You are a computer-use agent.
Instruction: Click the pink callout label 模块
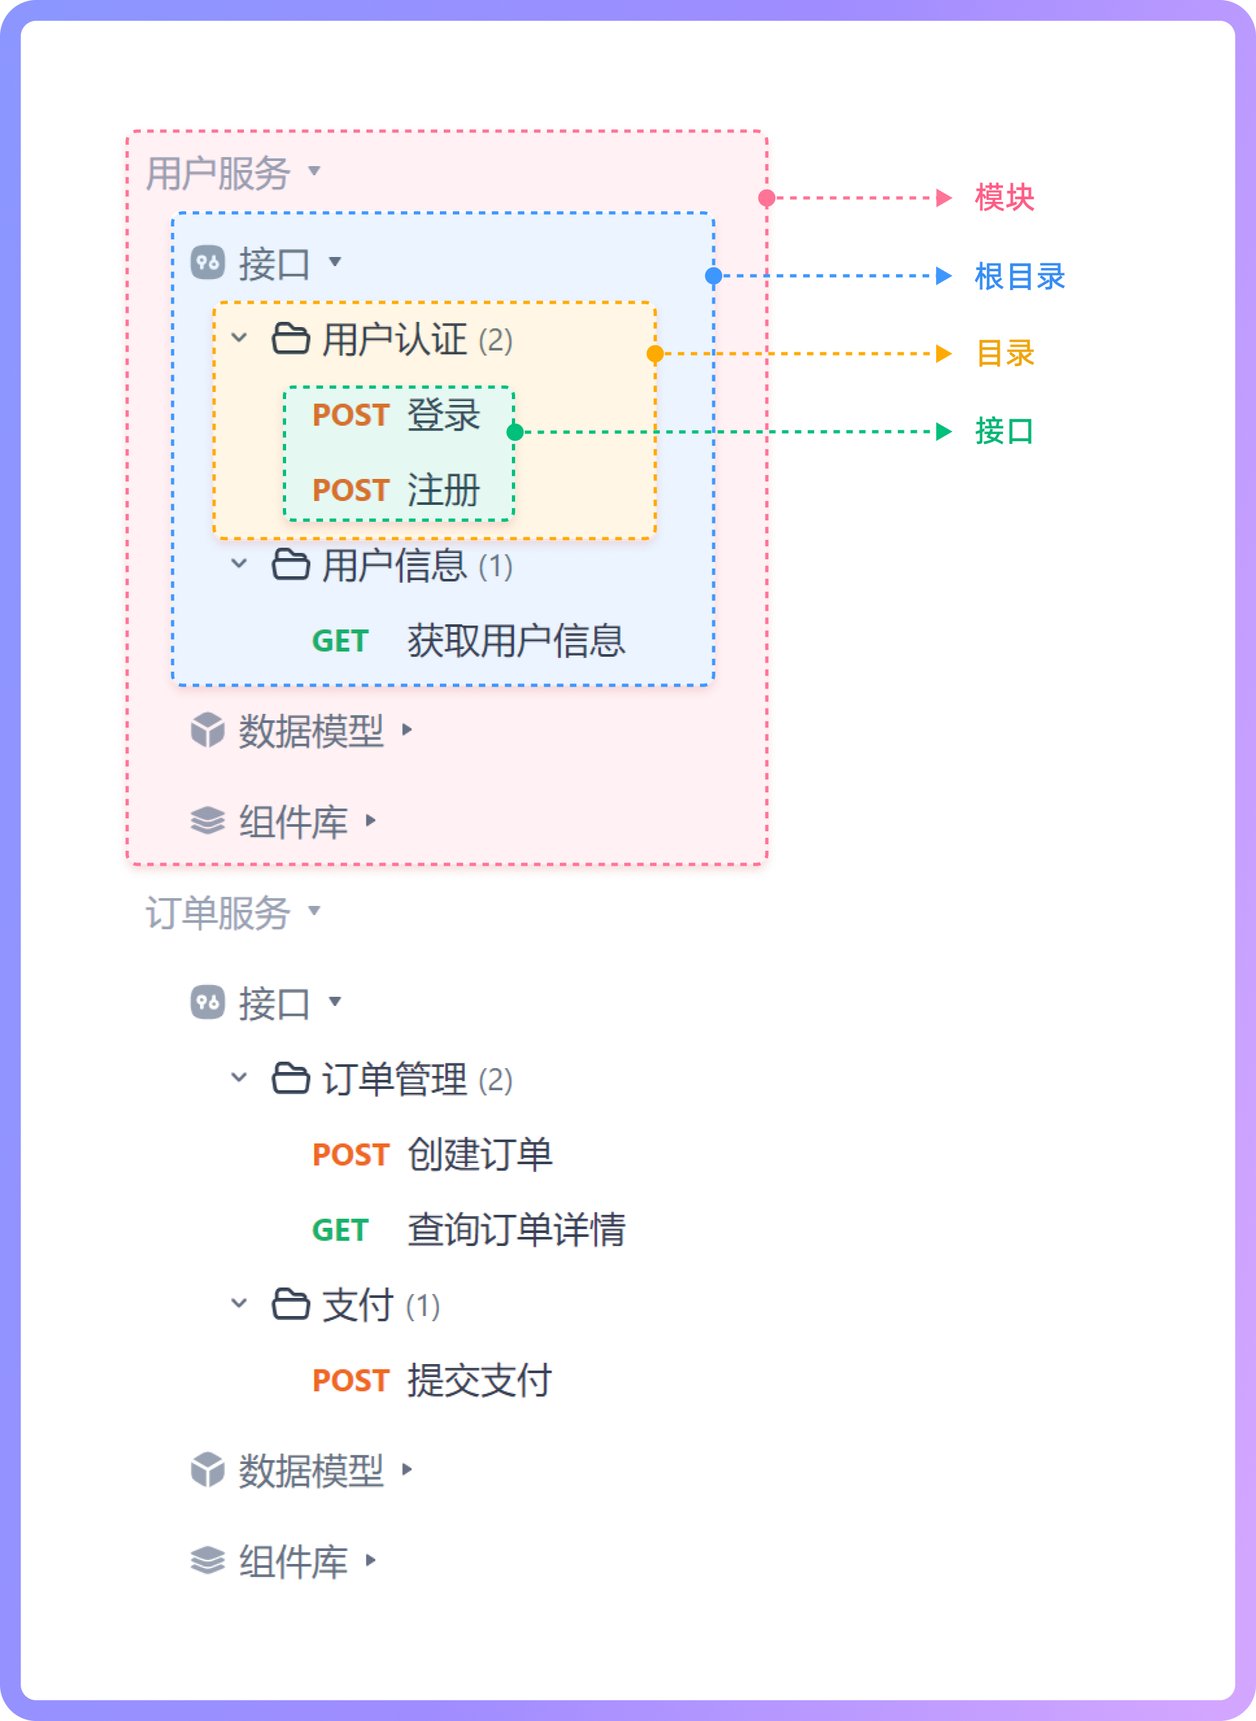click(1004, 198)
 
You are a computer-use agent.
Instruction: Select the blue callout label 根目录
click(1020, 276)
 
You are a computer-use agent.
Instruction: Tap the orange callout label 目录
click(1004, 354)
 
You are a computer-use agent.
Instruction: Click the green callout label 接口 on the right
click(1004, 431)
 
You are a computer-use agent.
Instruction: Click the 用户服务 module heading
click(218, 173)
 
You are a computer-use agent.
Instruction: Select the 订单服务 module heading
click(218, 912)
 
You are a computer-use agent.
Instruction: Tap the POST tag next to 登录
click(350, 415)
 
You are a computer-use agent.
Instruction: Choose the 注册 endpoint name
click(443, 490)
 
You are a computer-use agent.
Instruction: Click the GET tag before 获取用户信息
click(340, 641)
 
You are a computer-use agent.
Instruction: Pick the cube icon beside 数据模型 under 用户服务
click(208, 730)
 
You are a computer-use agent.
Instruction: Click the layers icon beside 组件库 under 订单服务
click(208, 1561)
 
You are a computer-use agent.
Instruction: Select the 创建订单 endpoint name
click(479, 1154)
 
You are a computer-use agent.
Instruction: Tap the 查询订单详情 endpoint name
click(516, 1230)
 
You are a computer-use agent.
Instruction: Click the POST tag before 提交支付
click(350, 1380)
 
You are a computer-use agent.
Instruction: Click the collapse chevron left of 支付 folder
click(239, 1304)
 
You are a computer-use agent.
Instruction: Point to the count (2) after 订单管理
click(496, 1080)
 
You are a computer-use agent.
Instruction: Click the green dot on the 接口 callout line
click(514, 432)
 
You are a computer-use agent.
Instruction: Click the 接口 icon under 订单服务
click(208, 1003)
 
